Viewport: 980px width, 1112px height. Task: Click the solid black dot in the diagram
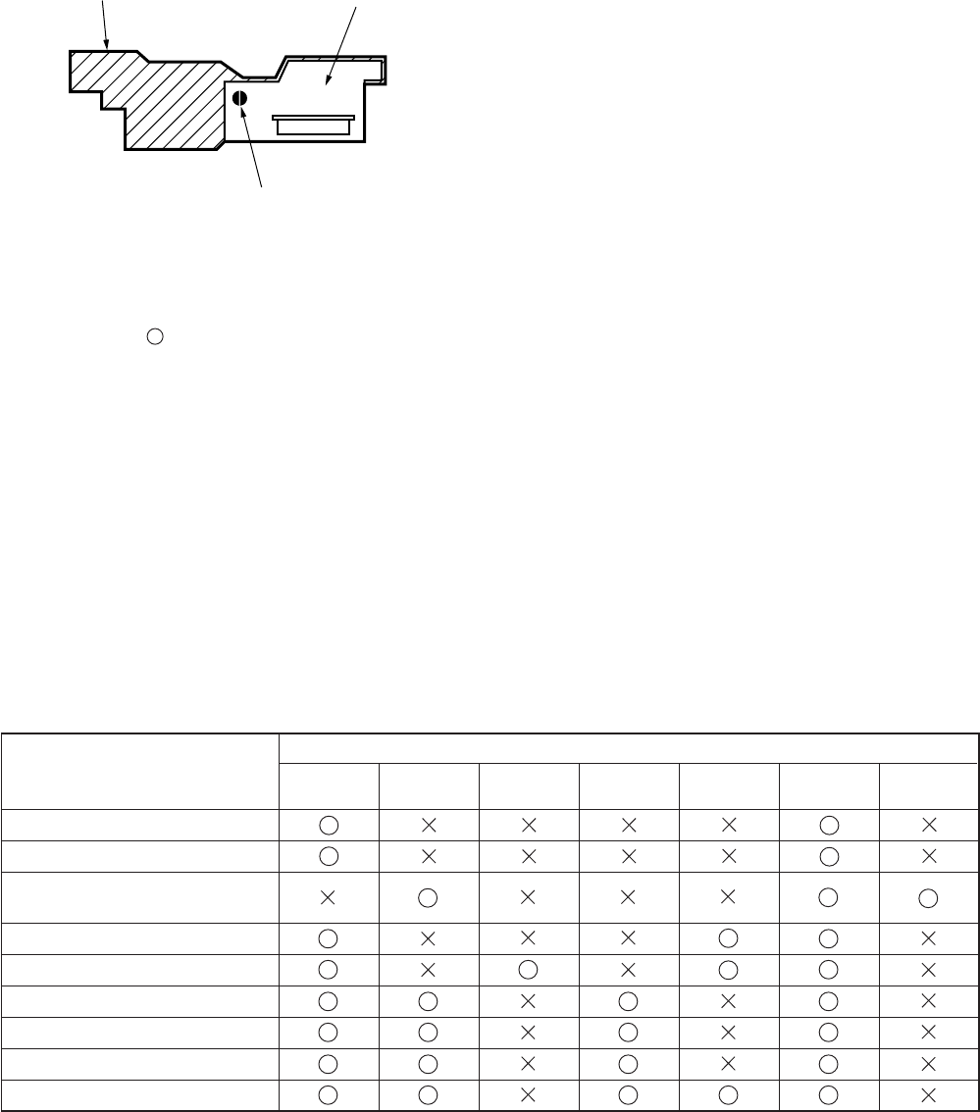[x=239, y=98]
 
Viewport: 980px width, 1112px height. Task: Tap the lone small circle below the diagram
[x=154, y=336]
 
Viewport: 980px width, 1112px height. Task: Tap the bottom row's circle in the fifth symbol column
[x=729, y=1094]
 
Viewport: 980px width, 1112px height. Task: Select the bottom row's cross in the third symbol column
[x=529, y=1094]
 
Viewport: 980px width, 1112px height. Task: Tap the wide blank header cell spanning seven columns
[x=629, y=748]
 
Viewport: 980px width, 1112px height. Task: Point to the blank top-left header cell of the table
[x=140, y=771]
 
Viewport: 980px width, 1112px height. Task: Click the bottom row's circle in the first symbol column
[x=329, y=1094]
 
